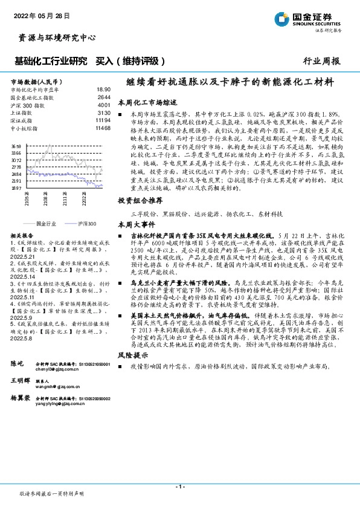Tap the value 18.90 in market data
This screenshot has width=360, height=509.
(x=104, y=88)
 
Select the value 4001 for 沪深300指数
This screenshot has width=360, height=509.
(x=104, y=104)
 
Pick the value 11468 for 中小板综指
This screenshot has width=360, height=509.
(x=103, y=128)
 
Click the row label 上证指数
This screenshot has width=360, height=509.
(x=22, y=112)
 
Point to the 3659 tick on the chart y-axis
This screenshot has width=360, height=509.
(x=16, y=146)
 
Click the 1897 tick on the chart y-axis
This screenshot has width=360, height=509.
(x=16, y=189)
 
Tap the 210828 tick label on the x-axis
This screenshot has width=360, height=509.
(x=46, y=199)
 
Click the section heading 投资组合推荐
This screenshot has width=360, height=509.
(x=140, y=199)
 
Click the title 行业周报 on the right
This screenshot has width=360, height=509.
(x=321, y=61)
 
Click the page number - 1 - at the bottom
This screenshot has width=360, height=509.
(x=179, y=487)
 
